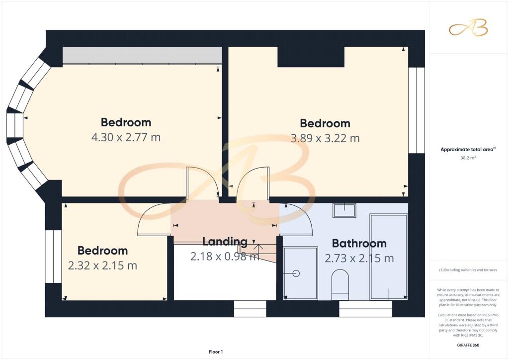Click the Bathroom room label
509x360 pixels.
pos(359,244)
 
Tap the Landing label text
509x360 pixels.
pos(225,242)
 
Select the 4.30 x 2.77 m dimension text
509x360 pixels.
pos(126,137)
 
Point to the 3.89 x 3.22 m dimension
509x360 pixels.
pos(325,139)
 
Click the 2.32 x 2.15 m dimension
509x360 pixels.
pos(102,266)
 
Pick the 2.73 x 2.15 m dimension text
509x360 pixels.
pos(359,259)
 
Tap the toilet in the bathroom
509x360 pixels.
pos(340,284)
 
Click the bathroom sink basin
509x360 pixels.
pos(344,210)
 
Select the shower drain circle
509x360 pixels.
pos(296,273)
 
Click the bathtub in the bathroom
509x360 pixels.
pos(389,257)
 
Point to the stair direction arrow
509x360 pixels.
pos(258,249)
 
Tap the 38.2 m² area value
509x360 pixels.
pos(468,158)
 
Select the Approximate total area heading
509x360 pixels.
pos(468,149)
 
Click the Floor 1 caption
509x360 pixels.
pos(216,352)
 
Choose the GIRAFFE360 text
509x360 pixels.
pos(468,345)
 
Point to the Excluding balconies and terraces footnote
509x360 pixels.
pos(468,270)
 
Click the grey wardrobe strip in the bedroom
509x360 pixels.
pos(142,55)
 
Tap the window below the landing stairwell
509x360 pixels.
pos(250,308)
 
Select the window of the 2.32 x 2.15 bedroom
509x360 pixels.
pos(53,257)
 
